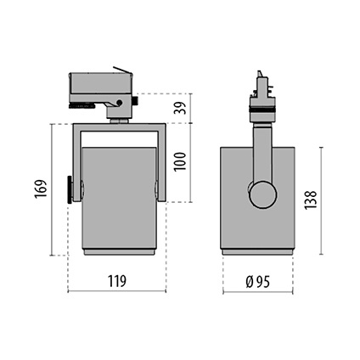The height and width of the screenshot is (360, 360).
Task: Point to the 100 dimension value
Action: pyautogui.click(x=179, y=159)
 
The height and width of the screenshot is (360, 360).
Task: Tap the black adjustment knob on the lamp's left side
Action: pyautogui.click(x=70, y=189)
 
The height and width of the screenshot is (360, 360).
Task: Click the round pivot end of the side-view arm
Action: pyautogui.click(x=262, y=194)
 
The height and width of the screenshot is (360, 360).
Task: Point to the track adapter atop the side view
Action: pyautogui.click(x=261, y=93)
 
